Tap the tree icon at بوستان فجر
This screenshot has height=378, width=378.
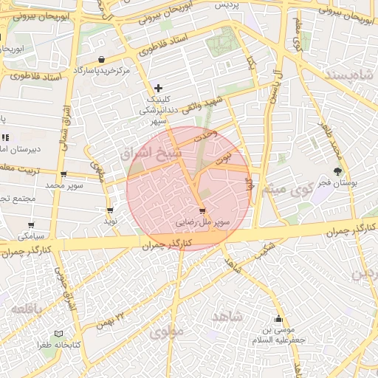pos(338,171)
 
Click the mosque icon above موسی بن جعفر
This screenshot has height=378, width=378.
pos(278,320)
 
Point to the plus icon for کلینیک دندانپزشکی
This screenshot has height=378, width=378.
pos(158,88)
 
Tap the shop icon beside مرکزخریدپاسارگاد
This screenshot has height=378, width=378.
pos(101,59)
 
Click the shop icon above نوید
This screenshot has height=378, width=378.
pos(110,210)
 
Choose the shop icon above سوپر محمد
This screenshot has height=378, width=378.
pos(64,174)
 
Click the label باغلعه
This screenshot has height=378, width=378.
pos(30,307)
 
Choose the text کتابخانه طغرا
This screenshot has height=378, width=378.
pos(60,346)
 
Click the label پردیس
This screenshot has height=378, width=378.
pos(230,4)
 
